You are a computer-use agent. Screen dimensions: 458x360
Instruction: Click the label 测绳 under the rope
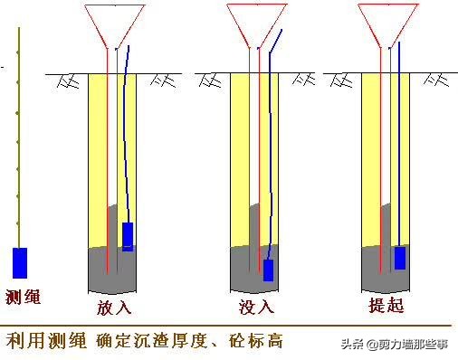click(x=24, y=296)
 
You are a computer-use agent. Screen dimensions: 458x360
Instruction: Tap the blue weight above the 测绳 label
click(x=20, y=262)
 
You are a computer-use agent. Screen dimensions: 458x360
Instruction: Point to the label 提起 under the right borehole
click(x=387, y=306)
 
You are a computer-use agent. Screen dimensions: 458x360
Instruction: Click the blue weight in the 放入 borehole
click(x=128, y=236)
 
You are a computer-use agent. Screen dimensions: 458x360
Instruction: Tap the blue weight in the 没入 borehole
click(x=268, y=270)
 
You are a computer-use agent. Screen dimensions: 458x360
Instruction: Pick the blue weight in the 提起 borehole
click(x=400, y=257)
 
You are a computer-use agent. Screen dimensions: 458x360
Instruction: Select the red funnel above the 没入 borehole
click(x=255, y=25)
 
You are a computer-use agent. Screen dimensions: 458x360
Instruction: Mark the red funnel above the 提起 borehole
click(x=387, y=25)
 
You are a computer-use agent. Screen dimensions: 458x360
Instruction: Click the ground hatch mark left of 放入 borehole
click(x=66, y=81)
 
